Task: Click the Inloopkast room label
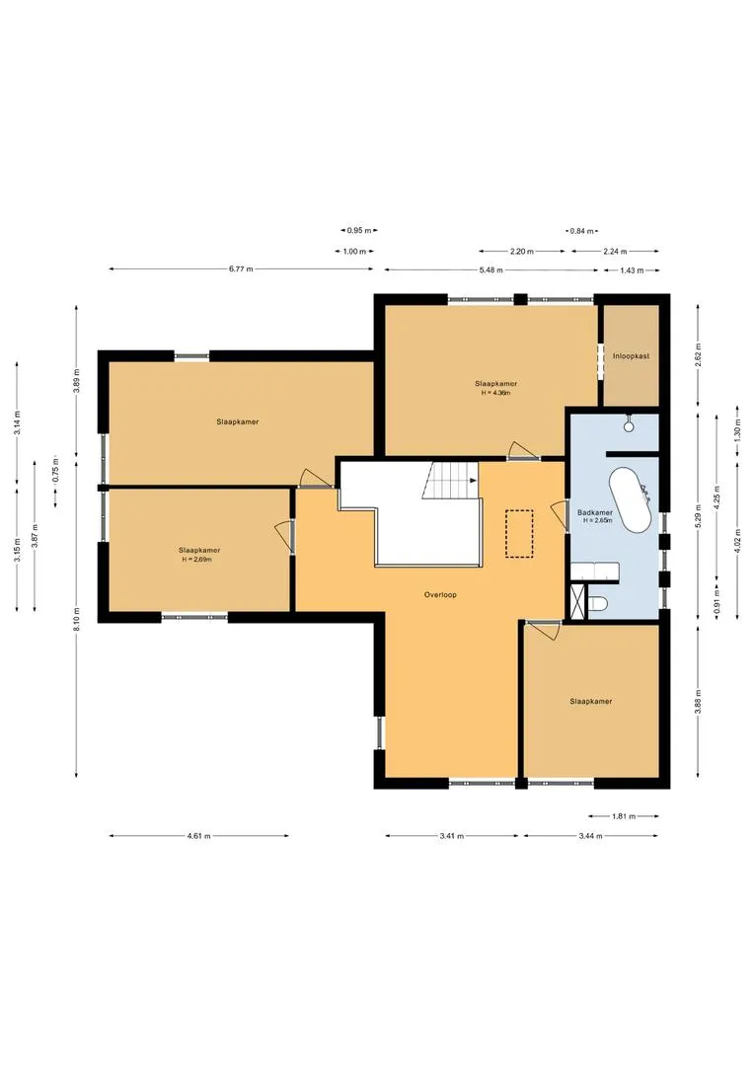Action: point(631,355)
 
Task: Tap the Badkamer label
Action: point(595,512)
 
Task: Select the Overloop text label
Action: point(440,595)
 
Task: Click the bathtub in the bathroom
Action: point(630,499)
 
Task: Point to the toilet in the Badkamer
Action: point(599,604)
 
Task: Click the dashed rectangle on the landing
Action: point(519,534)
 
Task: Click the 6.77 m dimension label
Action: point(242,269)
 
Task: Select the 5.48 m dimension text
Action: point(490,269)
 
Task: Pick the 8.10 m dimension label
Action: point(77,619)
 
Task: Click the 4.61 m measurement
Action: point(198,836)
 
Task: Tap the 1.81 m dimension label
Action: point(624,816)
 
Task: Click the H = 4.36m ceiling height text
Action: point(495,393)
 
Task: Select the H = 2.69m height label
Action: point(196,560)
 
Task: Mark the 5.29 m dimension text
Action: point(698,515)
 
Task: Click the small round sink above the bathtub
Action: point(629,425)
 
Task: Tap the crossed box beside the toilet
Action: point(578,602)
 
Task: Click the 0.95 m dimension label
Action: point(359,230)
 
